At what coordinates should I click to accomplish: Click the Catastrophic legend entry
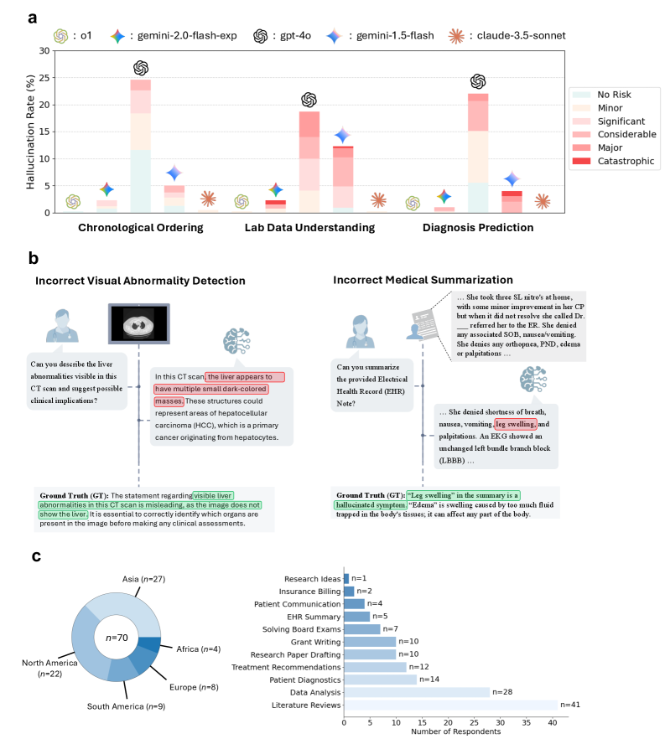pos(625,161)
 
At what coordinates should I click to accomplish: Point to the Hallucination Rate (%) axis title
pos(31,131)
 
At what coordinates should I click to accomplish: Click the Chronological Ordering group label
pos(142,228)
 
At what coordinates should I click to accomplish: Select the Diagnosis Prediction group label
pos(477,228)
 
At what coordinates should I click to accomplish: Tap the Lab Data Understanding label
pos(309,228)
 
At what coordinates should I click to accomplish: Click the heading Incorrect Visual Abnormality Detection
pos(140,280)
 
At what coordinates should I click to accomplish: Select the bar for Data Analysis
pos(417,692)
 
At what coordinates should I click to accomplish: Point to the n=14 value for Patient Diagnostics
pos(429,679)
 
